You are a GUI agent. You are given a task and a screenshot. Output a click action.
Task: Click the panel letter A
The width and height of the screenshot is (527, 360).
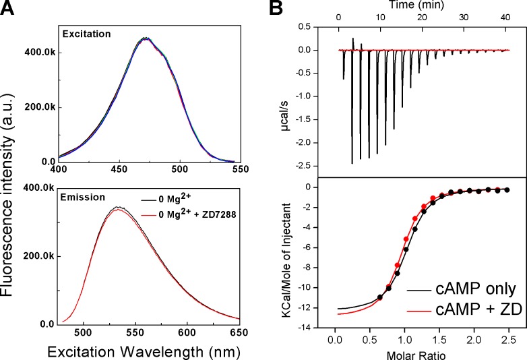(9, 9)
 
